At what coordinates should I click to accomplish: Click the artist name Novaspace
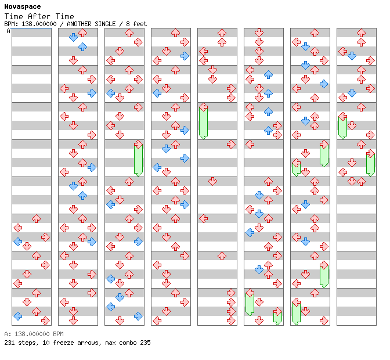pos(23,6)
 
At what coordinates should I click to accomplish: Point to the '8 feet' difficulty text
pos(136,24)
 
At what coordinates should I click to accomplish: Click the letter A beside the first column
pos(8,31)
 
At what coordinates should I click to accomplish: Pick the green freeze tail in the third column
pos(138,160)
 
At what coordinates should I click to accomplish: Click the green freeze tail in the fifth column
pos(204,123)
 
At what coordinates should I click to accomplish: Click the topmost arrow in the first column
pos(37,219)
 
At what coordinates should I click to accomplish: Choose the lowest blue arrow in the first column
pos(17,316)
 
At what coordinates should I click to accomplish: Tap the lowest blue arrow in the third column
pos(138,316)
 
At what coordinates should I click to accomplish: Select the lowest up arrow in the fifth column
pos(222,255)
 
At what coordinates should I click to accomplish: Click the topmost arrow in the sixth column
pos(259,33)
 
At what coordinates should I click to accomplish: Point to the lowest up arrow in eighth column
pos(361,182)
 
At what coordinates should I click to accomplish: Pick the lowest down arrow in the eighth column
pos(352,182)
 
